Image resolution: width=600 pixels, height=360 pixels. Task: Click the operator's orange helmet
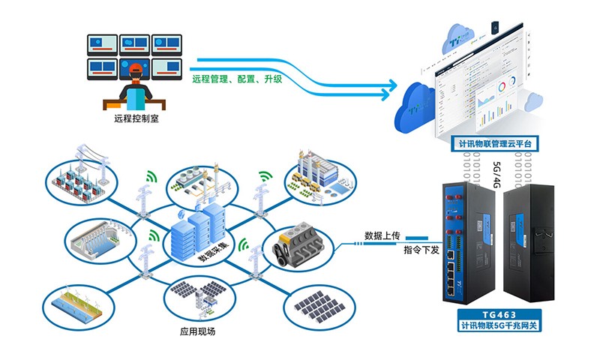click(x=136, y=70)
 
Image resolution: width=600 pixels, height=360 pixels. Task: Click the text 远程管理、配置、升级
click(x=237, y=78)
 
